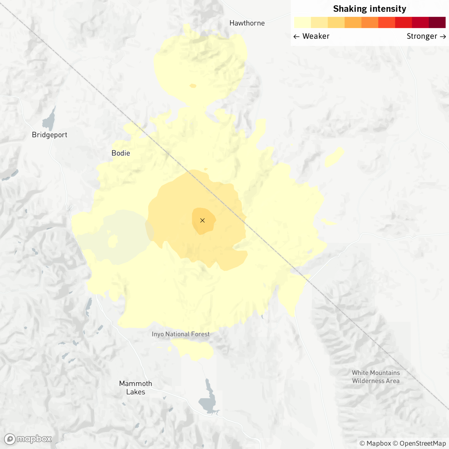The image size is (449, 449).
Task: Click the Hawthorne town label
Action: point(247,23)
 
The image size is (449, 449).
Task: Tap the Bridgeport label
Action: point(50,135)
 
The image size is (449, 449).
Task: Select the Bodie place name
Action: point(121,153)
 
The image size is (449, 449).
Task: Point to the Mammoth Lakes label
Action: point(136,388)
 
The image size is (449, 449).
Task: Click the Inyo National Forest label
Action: point(180,334)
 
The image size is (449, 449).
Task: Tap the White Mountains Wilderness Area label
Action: point(376,377)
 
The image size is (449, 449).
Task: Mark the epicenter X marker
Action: point(202,221)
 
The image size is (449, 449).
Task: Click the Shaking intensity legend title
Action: point(370,9)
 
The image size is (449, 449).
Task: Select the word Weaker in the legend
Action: point(316,36)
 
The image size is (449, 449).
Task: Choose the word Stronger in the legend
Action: point(422,36)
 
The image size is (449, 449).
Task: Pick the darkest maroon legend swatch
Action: point(437,22)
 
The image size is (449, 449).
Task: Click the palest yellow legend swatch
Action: point(302,22)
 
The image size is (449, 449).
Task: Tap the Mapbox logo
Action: point(28,439)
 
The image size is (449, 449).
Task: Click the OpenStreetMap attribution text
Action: point(422,443)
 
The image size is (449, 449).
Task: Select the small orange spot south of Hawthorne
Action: point(193,86)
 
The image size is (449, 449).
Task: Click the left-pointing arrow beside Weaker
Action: point(296,37)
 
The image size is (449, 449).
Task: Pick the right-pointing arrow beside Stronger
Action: point(443,37)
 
